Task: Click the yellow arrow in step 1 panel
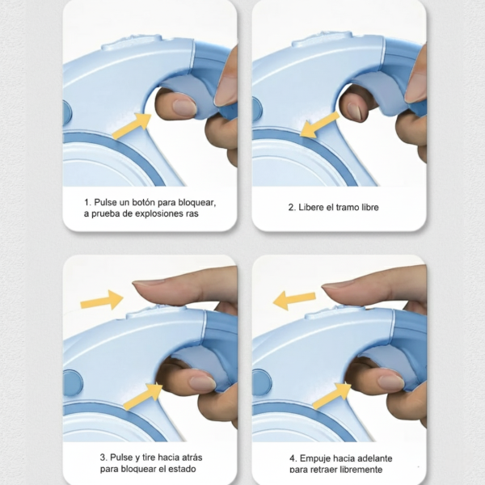pos(132,126)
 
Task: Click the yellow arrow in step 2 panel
pos(320,125)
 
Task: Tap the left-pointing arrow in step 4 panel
pos(294,299)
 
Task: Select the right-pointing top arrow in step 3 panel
pos(102,300)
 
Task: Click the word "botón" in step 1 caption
pos(143,203)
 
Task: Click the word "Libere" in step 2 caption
pos(310,207)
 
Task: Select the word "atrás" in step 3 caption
pos(192,458)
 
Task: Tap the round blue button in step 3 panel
pos(73,383)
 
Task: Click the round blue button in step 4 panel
pos(262,382)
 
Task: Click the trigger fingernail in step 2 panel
pos(354,112)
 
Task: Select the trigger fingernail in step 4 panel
pos(391,383)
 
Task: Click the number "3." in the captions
pos(103,458)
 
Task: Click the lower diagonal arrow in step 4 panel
pos(332,395)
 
